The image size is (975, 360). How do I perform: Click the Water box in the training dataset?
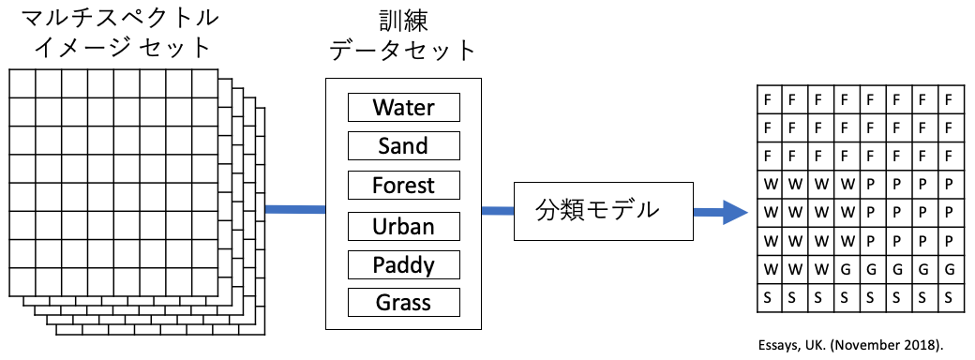click(403, 107)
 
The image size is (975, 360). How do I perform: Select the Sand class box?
click(403, 145)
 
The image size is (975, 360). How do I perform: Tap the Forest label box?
click(403, 185)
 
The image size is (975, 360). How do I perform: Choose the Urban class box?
click(403, 226)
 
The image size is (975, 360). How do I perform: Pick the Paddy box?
click(403, 265)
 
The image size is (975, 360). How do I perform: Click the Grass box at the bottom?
click(403, 302)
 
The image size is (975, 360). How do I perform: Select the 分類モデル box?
click(603, 211)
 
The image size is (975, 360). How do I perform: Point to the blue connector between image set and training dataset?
click(295, 210)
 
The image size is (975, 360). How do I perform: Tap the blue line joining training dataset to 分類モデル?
click(498, 211)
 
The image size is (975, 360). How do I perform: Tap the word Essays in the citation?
click(774, 344)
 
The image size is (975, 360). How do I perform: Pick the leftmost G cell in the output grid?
click(845, 270)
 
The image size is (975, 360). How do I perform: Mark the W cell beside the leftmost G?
click(819, 270)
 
